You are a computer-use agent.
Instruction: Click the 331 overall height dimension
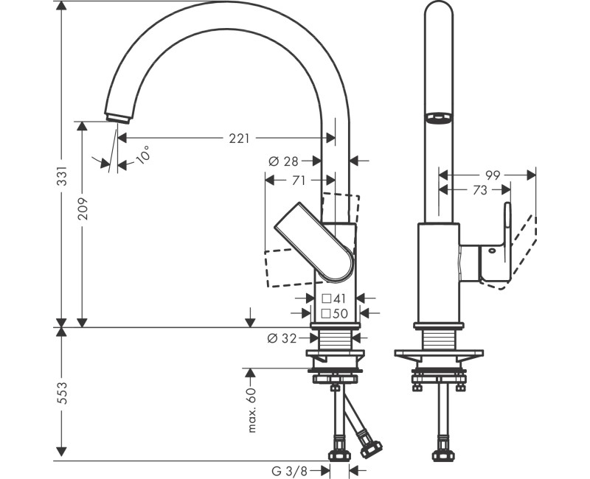pos(62,176)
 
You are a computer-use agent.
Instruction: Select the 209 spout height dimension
pos(83,209)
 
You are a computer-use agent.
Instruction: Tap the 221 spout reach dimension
pos(239,139)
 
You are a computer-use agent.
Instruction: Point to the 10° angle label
pos(142,155)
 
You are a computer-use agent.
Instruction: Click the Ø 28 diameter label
pos(283,161)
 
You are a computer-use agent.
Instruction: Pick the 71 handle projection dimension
pos(299,181)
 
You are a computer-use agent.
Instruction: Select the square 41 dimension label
pos(334,299)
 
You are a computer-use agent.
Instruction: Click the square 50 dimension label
pos(335,313)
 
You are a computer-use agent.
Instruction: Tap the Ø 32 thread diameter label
pos(282,338)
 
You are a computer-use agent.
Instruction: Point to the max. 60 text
pos(251,410)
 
